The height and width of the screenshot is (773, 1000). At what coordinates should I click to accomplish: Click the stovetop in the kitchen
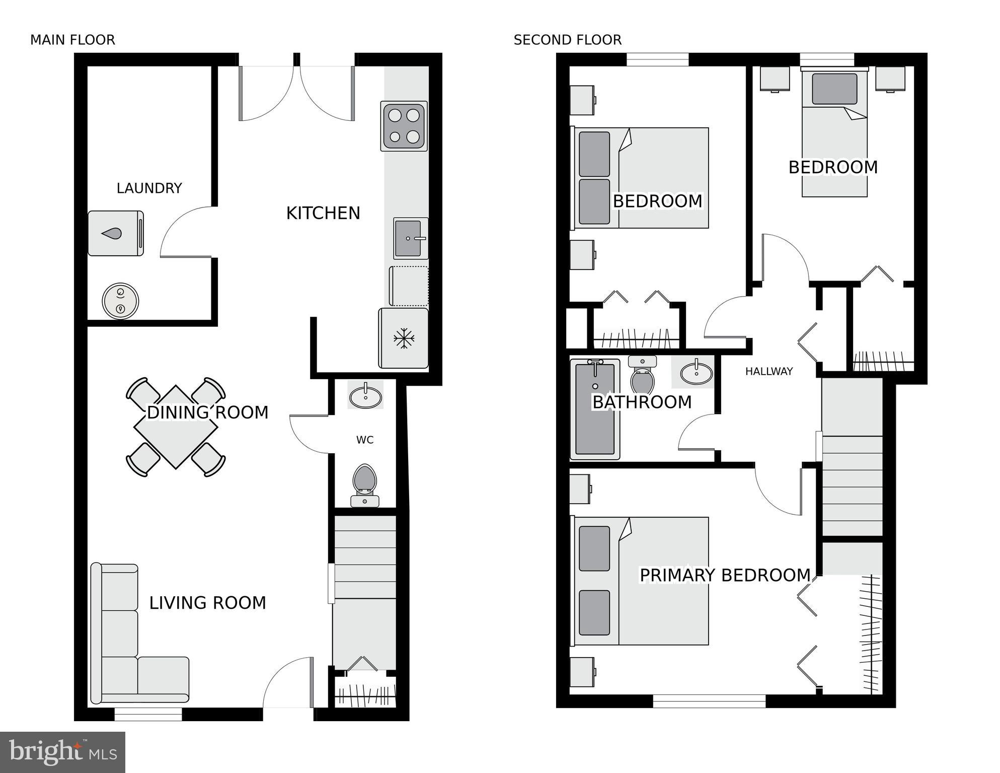point(404,126)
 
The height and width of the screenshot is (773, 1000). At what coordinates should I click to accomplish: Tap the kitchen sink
point(410,238)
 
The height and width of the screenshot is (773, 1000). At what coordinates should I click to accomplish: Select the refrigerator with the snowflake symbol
point(403,338)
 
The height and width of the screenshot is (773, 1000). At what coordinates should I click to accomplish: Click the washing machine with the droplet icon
point(115,233)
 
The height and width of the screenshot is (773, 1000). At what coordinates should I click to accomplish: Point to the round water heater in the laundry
point(120,301)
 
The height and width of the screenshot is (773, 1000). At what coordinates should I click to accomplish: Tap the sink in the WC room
point(365,395)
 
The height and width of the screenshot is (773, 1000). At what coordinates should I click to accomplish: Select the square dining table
point(176,427)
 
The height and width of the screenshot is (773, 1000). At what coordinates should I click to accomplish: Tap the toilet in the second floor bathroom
point(642,375)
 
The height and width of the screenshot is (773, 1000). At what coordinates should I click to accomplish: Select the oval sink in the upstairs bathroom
point(696,373)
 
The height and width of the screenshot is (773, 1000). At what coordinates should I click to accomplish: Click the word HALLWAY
point(768,372)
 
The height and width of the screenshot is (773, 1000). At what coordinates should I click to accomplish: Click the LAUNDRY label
point(149,188)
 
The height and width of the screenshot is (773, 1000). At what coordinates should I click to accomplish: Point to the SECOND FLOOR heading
point(567,40)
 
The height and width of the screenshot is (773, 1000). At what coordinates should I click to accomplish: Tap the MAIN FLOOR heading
point(72,40)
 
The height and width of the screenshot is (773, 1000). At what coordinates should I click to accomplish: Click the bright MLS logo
point(62,752)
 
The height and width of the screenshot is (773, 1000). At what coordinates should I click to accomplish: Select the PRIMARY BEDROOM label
point(724,575)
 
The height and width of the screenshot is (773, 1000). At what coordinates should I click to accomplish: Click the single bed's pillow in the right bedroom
point(834,89)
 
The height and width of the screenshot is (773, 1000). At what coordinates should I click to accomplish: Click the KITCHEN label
point(323,213)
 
